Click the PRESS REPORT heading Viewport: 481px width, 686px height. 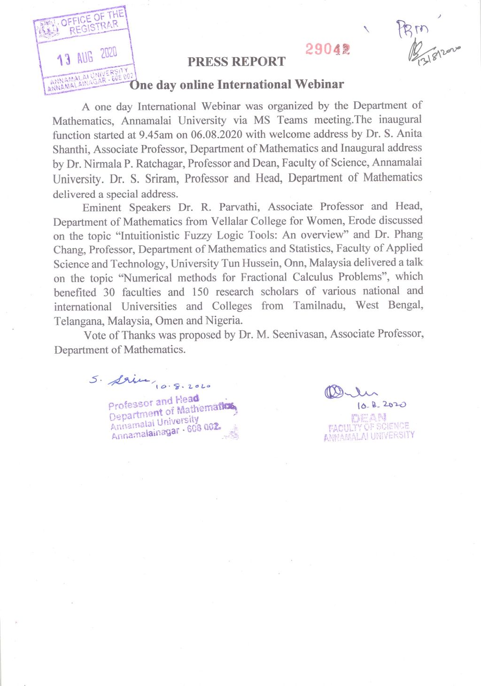click(x=236, y=61)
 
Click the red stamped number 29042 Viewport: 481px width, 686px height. click(x=327, y=49)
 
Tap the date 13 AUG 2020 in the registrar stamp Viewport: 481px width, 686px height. click(x=87, y=56)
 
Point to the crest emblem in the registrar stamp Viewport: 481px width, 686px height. click(x=47, y=29)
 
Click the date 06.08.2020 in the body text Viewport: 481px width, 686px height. click(x=217, y=134)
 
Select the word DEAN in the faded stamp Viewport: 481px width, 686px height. click(x=369, y=417)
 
